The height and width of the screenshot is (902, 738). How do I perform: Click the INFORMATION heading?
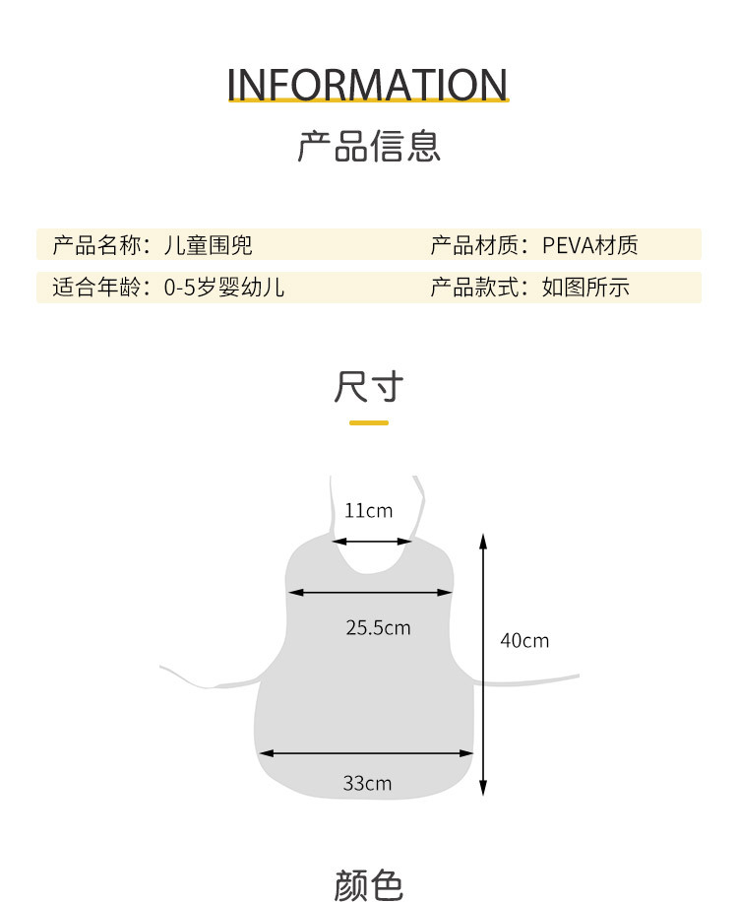pyautogui.click(x=368, y=85)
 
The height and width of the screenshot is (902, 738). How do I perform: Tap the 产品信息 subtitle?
pyautogui.click(x=368, y=146)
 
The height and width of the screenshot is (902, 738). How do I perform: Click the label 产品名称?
pyautogui.click(x=97, y=245)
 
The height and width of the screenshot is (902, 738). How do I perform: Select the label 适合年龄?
pyautogui.click(x=97, y=288)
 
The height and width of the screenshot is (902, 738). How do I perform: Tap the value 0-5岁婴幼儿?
pyautogui.click(x=224, y=288)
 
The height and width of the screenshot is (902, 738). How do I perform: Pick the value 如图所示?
pyautogui.click(x=585, y=288)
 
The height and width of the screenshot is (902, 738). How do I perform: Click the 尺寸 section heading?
pyautogui.click(x=368, y=387)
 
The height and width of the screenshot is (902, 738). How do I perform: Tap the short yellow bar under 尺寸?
pyautogui.click(x=368, y=422)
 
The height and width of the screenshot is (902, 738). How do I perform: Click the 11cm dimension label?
pyautogui.click(x=368, y=510)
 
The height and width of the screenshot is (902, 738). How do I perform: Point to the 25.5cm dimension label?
pyautogui.click(x=378, y=627)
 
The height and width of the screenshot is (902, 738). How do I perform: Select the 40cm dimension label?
pyautogui.click(x=524, y=640)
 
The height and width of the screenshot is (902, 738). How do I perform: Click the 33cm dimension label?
pyautogui.click(x=367, y=783)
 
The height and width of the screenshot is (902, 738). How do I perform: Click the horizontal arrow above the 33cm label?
pyautogui.click(x=366, y=753)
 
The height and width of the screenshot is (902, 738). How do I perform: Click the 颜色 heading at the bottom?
pyautogui.click(x=368, y=884)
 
